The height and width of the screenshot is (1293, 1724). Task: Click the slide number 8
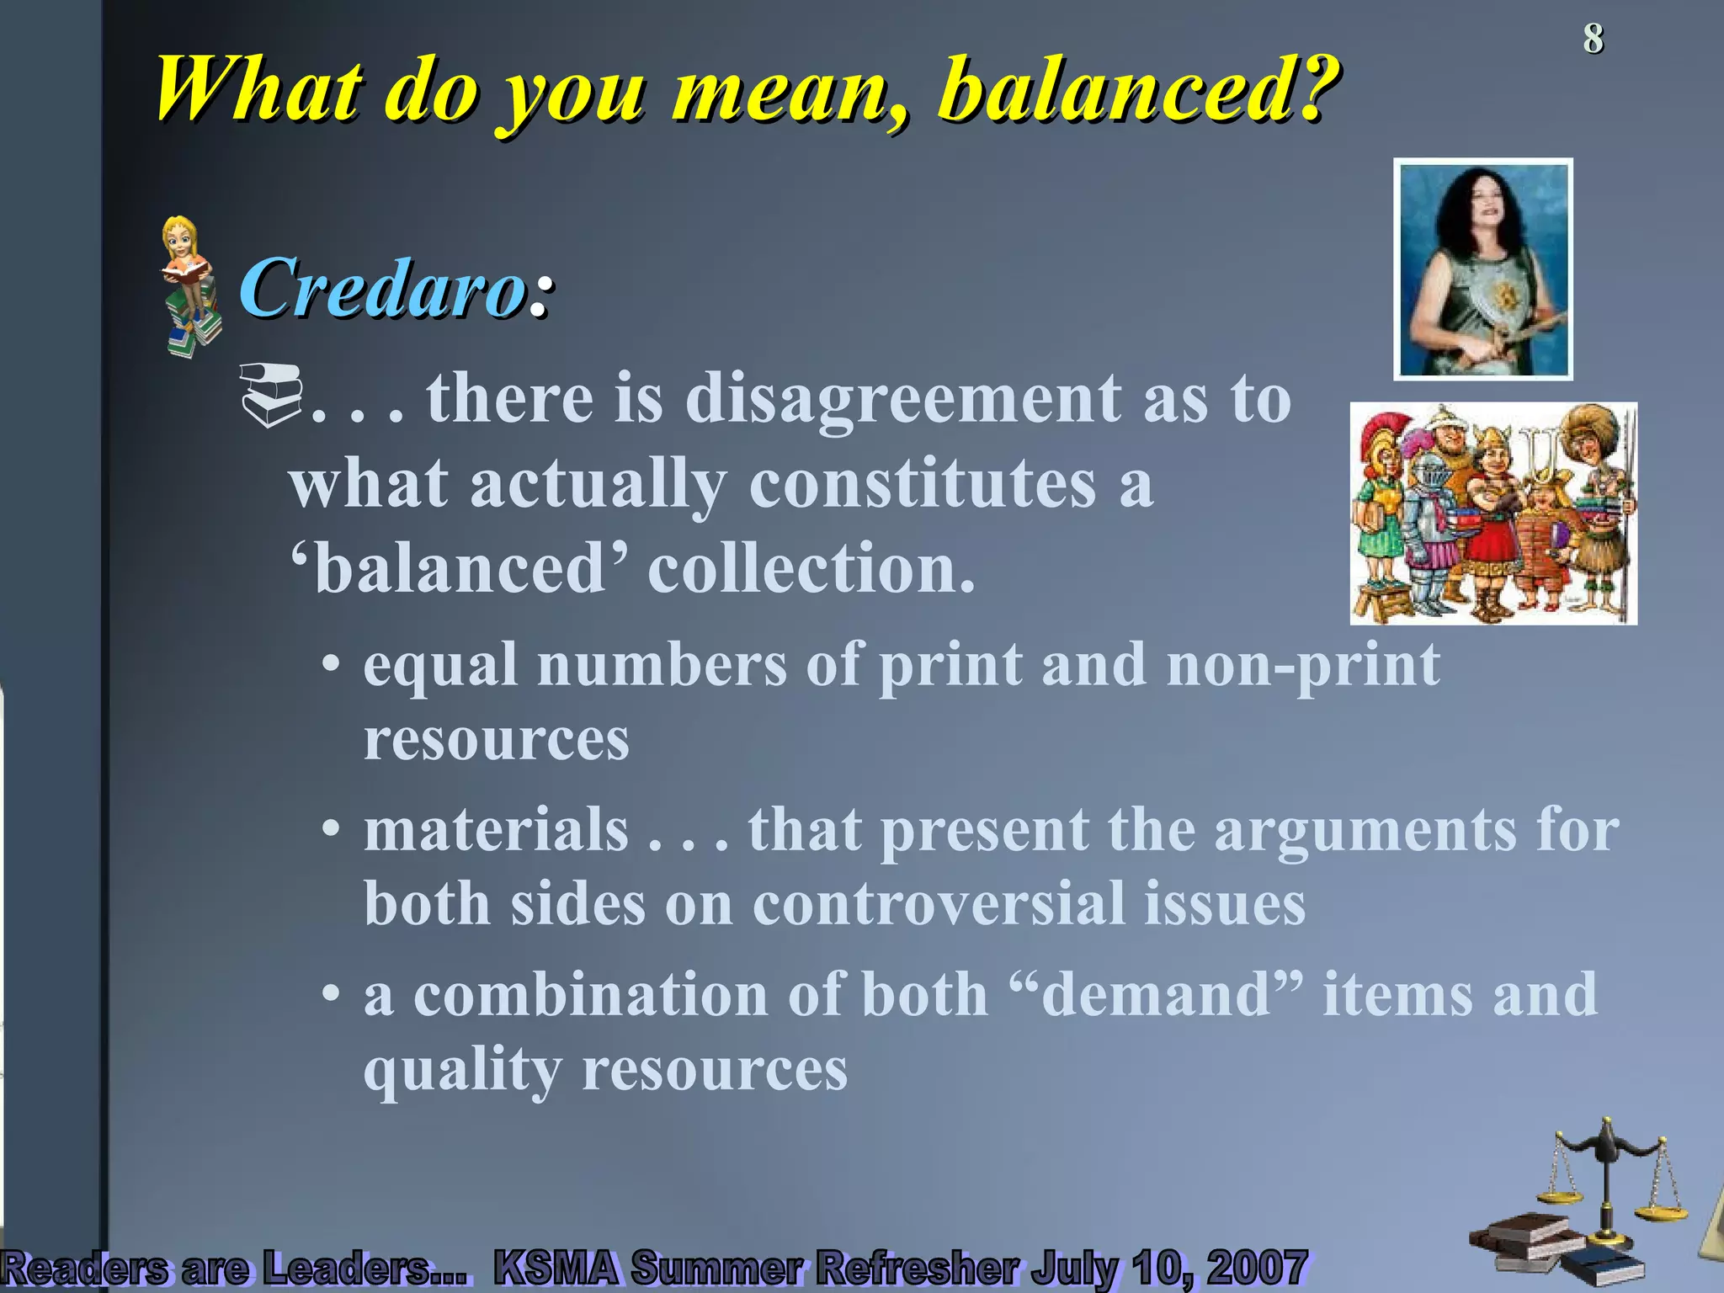click(1593, 39)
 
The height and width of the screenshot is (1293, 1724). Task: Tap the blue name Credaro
click(384, 288)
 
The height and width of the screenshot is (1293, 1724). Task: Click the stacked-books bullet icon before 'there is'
click(270, 393)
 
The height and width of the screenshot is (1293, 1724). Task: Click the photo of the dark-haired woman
click(1482, 269)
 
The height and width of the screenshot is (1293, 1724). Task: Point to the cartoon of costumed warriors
click(1493, 513)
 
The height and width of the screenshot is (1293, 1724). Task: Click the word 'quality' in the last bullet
click(462, 1070)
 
